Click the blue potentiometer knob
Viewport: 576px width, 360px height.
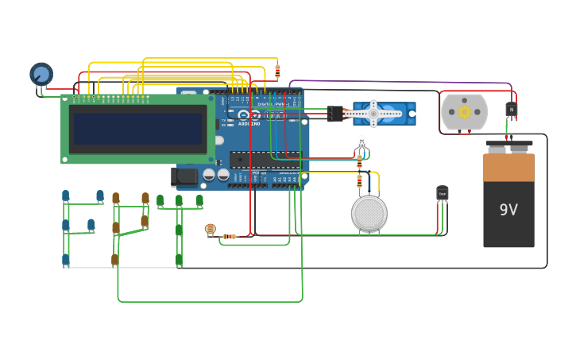[x=41, y=74]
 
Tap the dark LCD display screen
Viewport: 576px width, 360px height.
[x=137, y=128]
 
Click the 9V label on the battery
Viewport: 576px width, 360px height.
[x=508, y=210]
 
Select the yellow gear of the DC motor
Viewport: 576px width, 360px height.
[x=464, y=112]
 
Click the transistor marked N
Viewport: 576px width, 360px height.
[x=511, y=110]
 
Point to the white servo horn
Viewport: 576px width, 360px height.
[x=373, y=114]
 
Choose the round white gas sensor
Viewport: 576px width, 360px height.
[x=369, y=213]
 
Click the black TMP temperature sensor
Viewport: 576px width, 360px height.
[x=443, y=193]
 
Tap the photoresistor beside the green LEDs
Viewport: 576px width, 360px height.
[x=210, y=230]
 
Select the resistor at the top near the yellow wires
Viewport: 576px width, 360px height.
[x=277, y=72]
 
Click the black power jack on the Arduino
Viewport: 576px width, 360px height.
[x=184, y=176]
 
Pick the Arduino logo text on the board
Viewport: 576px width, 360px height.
[x=249, y=123]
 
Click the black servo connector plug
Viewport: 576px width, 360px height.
[x=335, y=114]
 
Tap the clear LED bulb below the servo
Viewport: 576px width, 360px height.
[x=361, y=143]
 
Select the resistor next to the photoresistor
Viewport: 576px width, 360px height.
[x=229, y=236]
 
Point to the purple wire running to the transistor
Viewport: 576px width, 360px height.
[x=397, y=81]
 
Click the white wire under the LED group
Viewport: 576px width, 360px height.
[x=119, y=268]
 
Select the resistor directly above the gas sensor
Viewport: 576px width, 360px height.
[x=359, y=181]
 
